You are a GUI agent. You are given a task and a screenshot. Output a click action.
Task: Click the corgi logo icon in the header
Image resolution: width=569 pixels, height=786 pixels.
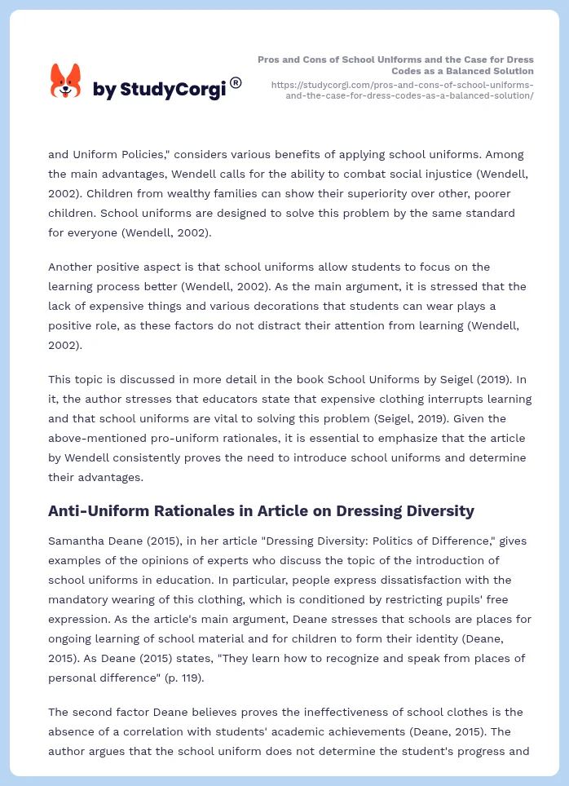66,82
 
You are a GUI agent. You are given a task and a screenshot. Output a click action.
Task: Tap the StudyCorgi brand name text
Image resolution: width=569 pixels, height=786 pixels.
159,90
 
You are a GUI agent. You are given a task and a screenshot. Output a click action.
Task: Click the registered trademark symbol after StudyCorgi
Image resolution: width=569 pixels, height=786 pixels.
236,82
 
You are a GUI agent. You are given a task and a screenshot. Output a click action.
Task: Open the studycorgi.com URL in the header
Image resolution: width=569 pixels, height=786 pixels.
402,90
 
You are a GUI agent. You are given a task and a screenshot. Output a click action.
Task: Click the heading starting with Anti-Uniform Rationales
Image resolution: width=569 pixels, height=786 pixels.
261,511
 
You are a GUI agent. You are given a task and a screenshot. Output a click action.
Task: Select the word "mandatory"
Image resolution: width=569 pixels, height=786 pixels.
79,599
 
